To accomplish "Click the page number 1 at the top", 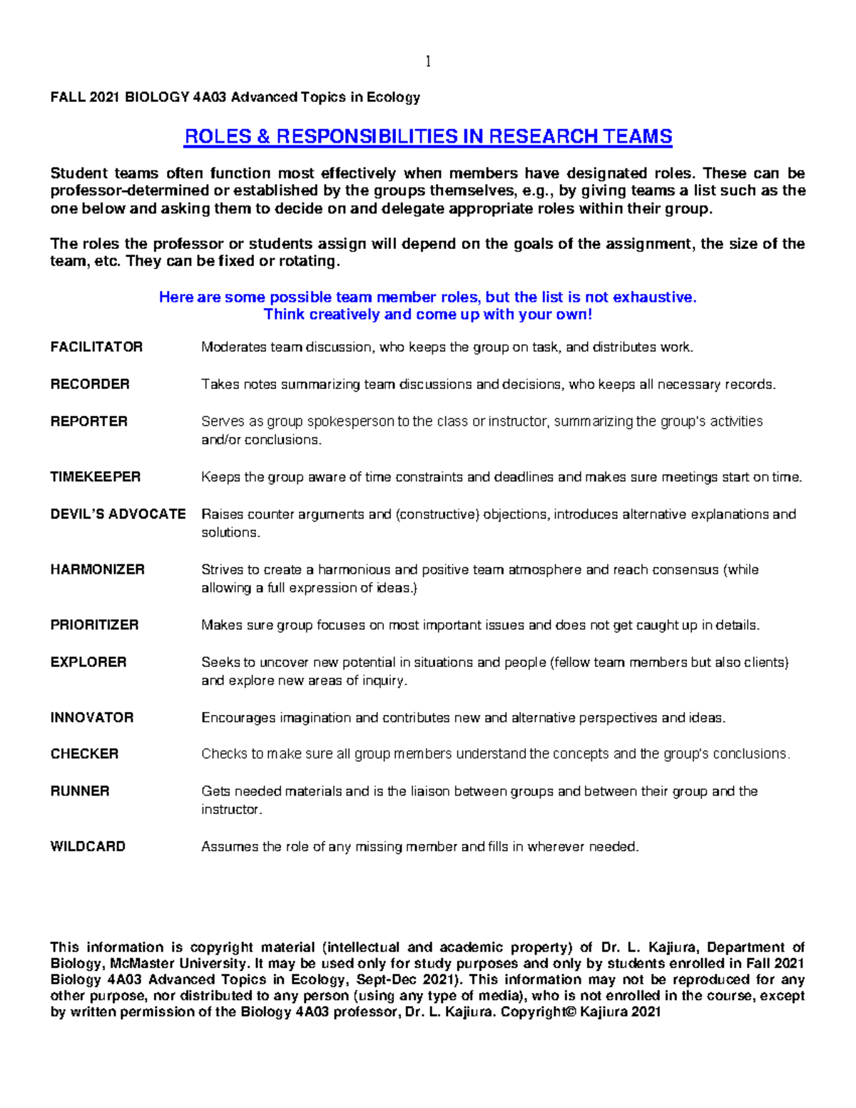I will [427, 61].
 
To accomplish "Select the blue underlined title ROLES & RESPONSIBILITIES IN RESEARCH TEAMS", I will [428, 136].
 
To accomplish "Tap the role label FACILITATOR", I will [96, 347].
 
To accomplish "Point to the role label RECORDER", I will [90, 384].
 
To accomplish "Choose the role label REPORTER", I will [89, 421].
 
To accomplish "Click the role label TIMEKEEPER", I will [96, 477].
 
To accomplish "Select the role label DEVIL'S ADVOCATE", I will [118, 514].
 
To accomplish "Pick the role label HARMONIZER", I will [98, 569].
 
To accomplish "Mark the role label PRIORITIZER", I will [95, 625].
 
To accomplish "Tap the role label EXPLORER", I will [88, 662].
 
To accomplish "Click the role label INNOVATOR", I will [92, 718].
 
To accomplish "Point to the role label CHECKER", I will [84, 754].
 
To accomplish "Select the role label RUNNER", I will [80, 791].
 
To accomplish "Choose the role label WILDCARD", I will [88, 847].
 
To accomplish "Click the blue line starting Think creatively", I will [428, 315].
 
